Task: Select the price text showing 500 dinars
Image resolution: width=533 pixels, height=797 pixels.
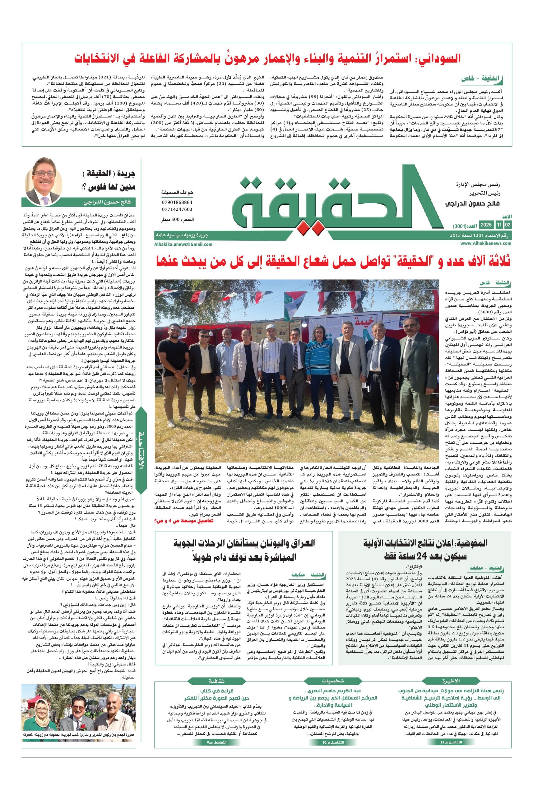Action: coord(177,220)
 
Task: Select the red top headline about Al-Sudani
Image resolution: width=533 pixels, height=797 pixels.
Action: coord(268,58)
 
